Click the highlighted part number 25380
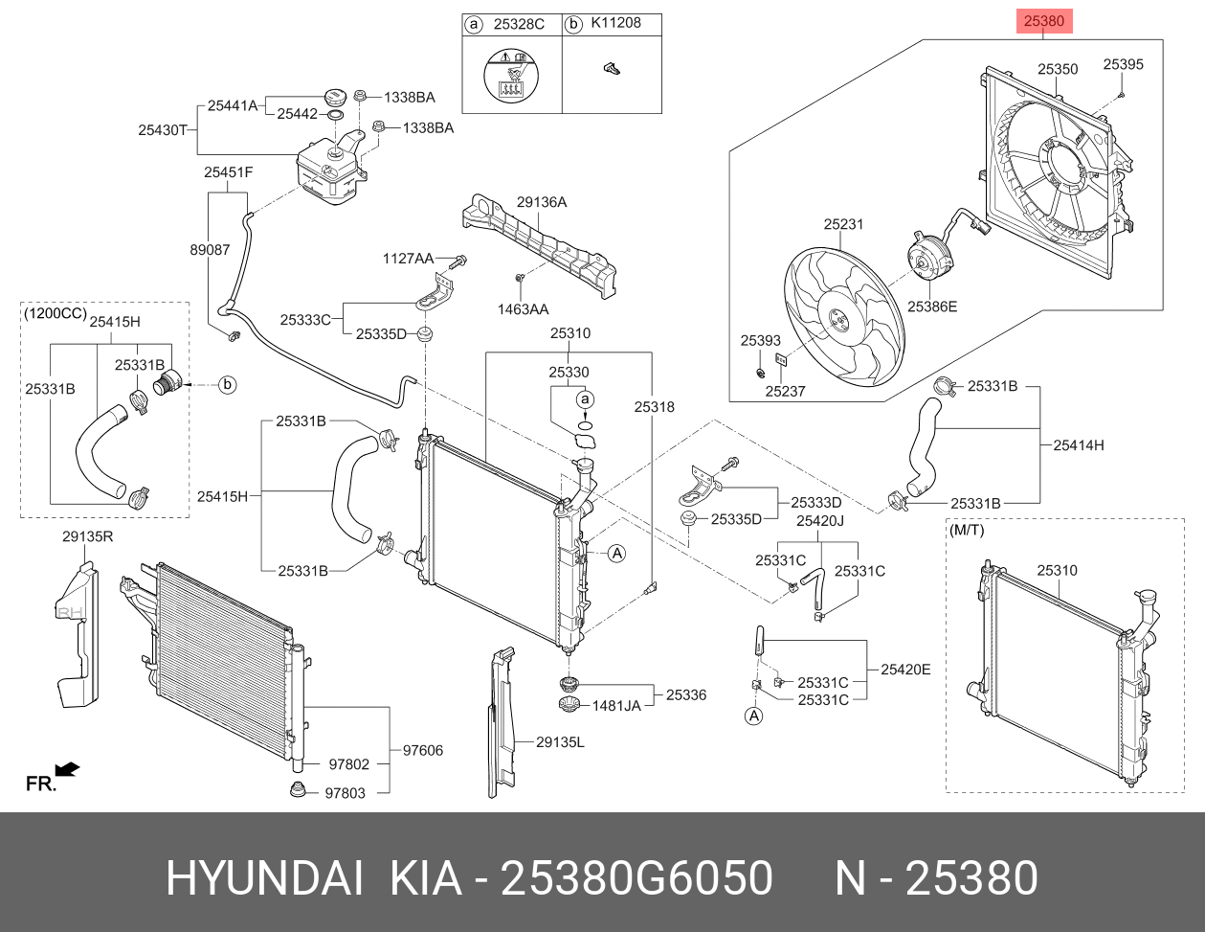click(1043, 21)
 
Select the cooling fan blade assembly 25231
click(843, 316)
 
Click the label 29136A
click(542, 202)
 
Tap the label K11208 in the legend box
click(615, 23)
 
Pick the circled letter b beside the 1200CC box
click(228, 385)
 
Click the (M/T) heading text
click(966, 530)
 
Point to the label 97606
click(422, 750)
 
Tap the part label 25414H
click(1078, 444)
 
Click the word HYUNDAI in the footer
click(265, 878)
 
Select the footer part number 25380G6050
click(637, 878)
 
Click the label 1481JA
click(616, 706)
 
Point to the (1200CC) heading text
click(55, 313)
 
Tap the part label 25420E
click(905, 670)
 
